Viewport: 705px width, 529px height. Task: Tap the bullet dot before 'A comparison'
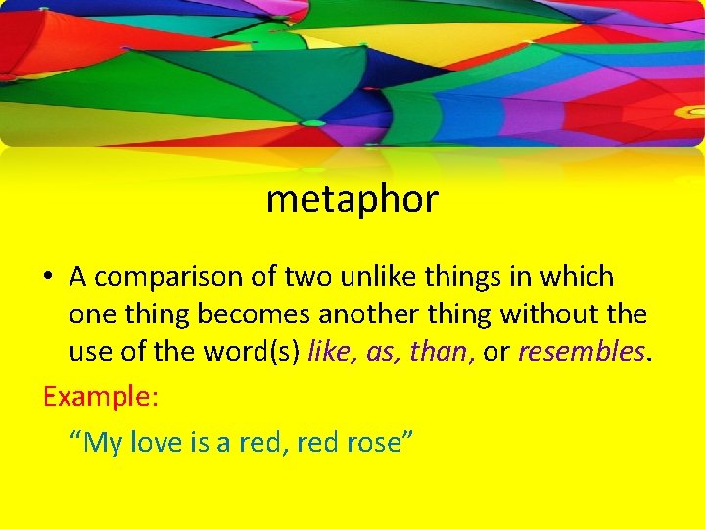(48, 278)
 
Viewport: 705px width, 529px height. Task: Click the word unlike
(378, 277)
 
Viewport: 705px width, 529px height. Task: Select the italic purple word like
(330, 352)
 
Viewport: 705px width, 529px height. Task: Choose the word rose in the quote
(375, 443)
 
